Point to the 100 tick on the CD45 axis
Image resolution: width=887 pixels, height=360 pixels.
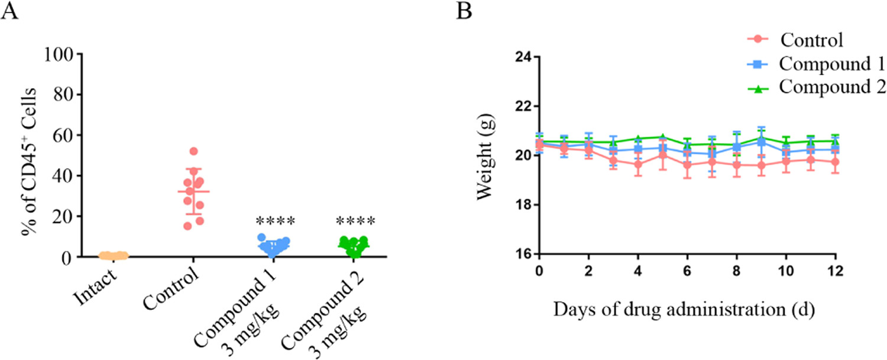(x=66, y=54)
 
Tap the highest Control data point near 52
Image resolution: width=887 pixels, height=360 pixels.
(x=193, y=151)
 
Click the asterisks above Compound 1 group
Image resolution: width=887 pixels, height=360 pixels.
(x=275, y=223)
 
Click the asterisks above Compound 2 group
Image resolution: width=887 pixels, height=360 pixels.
(x=355, y=223)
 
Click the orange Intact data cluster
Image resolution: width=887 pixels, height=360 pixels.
(x=113, y=255)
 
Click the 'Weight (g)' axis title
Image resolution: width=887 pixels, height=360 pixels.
(x=486, y=155)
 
